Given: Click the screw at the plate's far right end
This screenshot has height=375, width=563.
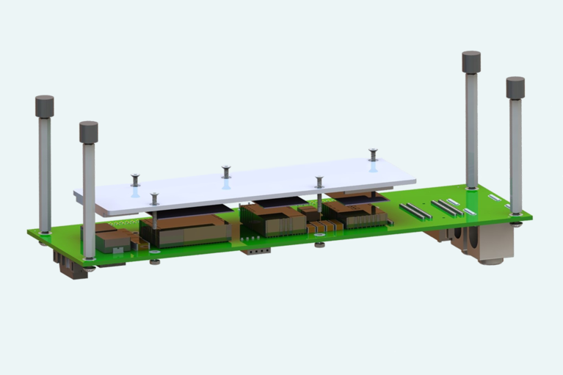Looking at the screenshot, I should coord(373,153).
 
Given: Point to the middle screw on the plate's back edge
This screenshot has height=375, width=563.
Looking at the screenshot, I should coord(226,170).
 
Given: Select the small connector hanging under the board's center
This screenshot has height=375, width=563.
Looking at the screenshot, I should coord(255,250).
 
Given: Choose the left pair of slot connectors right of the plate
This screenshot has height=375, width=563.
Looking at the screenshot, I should coord(415,211).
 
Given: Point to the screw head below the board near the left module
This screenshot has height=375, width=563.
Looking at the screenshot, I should coord(154,261).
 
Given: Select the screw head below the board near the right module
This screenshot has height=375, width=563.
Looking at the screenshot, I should coord(319,244).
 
